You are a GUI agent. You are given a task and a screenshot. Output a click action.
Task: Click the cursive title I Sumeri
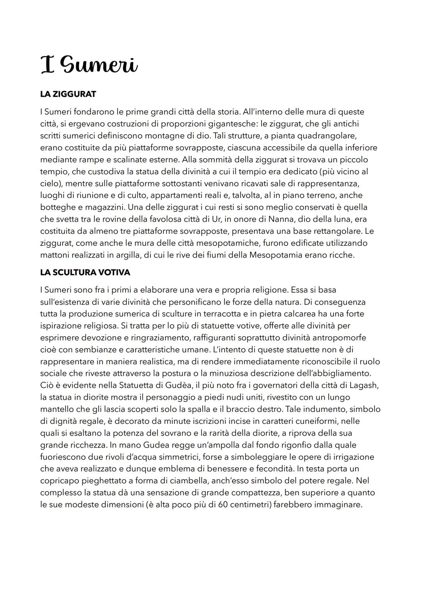pyautogui.click(x=89, y=65)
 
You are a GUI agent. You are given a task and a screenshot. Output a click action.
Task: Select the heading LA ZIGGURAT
pyautogui.click(x=68, y=94)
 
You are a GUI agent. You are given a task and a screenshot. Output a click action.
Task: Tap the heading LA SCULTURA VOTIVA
pyautogui.click(x=85, y=272)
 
